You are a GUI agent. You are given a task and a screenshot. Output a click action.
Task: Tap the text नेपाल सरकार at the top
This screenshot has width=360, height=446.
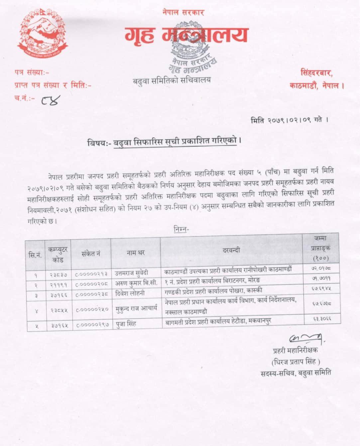click(x=183, y=12)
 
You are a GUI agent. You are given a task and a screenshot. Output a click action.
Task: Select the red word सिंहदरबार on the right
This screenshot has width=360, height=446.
click(x=316, y=72)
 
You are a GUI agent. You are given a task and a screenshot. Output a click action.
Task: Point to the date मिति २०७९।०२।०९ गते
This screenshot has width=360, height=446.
click(x=289, y=120)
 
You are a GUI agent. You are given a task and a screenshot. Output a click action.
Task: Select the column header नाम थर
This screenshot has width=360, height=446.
click(x=136, y=253)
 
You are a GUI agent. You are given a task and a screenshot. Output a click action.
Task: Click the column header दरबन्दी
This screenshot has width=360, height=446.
click(x=231, y=250)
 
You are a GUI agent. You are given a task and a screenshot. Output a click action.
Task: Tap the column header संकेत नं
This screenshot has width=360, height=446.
click(x=91, y=254)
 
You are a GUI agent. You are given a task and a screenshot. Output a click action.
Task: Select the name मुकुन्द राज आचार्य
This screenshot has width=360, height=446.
click(x=136, y=308)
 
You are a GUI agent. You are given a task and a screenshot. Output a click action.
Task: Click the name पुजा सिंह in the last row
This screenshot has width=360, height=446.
click(x=125, y=323)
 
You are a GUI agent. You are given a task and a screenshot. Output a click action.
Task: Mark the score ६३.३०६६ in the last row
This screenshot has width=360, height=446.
click(x=321, y=319)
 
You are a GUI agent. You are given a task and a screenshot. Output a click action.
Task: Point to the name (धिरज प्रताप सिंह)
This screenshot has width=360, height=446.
click(x=296, y=361)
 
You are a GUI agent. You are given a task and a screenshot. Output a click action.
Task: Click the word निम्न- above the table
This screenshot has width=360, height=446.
click(x=181, y=229)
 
